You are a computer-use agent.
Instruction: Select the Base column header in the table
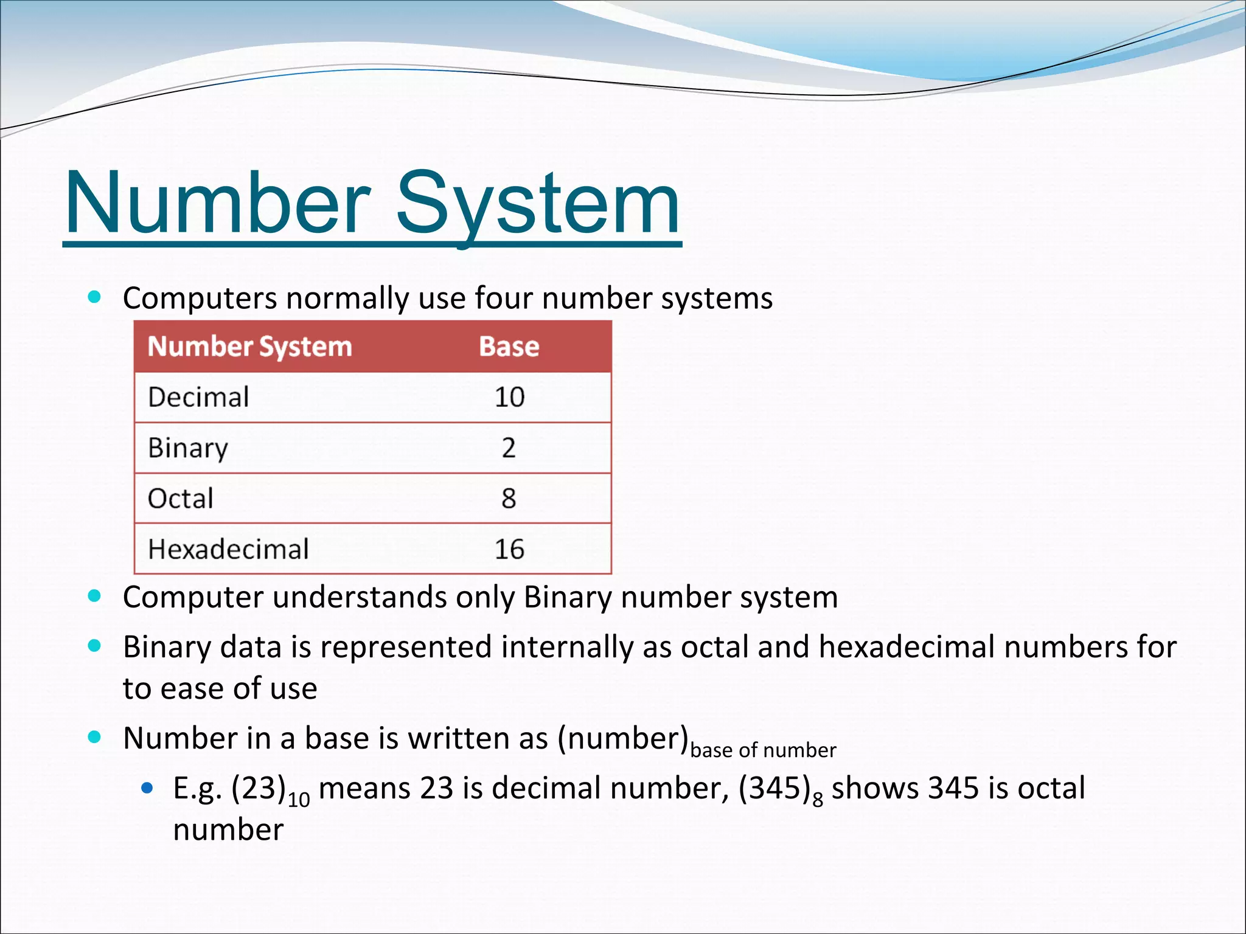[x=509, y=347]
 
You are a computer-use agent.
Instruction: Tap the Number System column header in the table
[x=249, y=347]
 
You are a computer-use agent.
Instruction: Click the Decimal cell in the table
[x=198, y=397]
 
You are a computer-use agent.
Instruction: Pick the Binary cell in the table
[x=188, y=448]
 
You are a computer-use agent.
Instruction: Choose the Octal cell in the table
[x=181, y=499]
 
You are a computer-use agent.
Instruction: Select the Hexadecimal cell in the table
[x=228, y=549]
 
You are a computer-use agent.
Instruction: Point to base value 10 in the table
[x=509, y=397]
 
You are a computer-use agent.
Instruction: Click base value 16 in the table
[x=509, y=549]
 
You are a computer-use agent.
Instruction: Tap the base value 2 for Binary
[x=509, y=448]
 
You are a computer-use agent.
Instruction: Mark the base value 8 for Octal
[x=509, y=499]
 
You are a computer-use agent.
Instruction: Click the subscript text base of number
[x=763, y=750]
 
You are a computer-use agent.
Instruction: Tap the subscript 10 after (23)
[x=299, y=798]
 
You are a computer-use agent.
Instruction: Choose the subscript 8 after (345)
[x=818, y=798]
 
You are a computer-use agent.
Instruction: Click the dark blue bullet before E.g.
[x=147, y=789]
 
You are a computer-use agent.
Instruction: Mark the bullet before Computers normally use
[x=94, y=297]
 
